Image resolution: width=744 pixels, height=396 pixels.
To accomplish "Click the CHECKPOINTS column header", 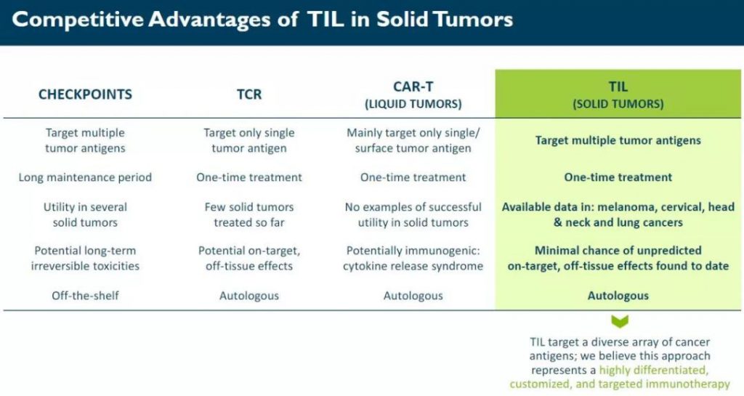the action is point(86,94).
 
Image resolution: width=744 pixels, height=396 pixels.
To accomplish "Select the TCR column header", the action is point(249,94).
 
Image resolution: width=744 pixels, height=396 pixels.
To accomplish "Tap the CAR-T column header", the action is point(413,95).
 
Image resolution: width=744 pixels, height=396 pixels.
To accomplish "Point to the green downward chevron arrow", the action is point(620,321).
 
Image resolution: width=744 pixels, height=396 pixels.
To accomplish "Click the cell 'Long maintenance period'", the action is point(86,177).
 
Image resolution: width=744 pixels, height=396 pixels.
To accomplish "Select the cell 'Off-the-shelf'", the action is point(86,296).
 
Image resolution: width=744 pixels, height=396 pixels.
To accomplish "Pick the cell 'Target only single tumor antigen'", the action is point(249,140).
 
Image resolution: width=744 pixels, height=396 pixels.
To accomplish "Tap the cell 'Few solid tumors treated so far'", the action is point(249,214).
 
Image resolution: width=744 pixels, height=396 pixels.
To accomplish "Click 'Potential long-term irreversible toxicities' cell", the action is point(86,258).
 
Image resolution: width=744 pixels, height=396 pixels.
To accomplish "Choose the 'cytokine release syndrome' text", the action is point(413,266).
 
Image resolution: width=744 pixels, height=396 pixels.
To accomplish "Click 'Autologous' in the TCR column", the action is point(249,296).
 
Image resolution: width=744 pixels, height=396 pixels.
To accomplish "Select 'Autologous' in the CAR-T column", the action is point(413,296).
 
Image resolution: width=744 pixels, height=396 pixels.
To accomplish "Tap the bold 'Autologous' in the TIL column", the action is point(618,296).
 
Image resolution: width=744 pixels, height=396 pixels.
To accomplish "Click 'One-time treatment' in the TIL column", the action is point(618,177).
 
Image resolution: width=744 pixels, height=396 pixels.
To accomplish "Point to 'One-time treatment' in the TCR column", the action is point(249,177).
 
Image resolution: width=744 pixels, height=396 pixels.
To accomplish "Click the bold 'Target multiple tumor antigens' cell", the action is point(618,140).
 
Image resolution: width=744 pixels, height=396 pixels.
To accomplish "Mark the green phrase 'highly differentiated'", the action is point(653,370).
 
